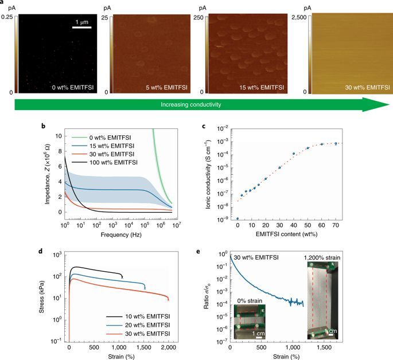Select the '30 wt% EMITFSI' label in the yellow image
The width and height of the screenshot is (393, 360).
click(x=355, y=88)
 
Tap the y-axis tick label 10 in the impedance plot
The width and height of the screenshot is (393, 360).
click(x=58, y=136)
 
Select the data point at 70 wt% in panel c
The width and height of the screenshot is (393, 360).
click(x=336, y=143)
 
